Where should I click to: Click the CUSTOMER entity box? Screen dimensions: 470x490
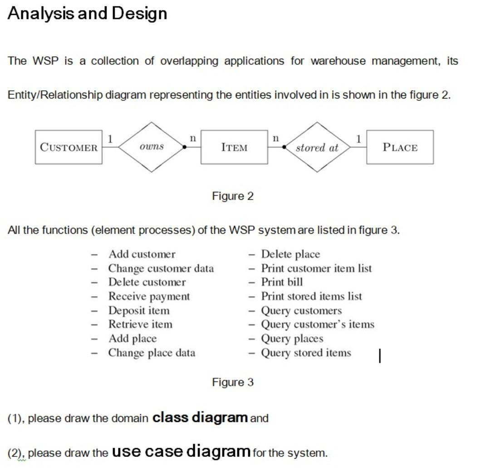point(69,147)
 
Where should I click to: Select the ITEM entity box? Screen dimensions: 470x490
point(234,147)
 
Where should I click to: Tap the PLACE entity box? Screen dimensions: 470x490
point(400,147)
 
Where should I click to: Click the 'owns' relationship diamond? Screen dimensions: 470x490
point(152,147)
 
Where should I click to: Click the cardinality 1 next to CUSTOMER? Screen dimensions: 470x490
point(109,138)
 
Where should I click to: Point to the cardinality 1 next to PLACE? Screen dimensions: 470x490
point(359,138)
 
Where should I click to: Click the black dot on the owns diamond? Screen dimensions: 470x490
point(185,147)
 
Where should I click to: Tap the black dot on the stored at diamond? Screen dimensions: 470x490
point(284,147)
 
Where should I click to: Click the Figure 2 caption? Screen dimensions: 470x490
point(233,196)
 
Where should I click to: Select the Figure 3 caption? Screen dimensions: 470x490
point(233,382)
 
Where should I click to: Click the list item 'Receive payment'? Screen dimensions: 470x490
point(149,296)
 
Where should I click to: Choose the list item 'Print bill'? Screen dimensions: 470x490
point(282,282)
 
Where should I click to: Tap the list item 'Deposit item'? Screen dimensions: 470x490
point(138,310)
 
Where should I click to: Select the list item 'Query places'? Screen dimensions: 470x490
point(292,338)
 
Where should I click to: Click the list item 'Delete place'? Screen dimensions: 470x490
point(290,254)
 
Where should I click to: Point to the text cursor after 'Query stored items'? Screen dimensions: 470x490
point(380,356)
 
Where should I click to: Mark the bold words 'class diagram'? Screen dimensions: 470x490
point(200,417)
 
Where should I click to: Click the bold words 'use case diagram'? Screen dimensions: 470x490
point(181,451)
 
